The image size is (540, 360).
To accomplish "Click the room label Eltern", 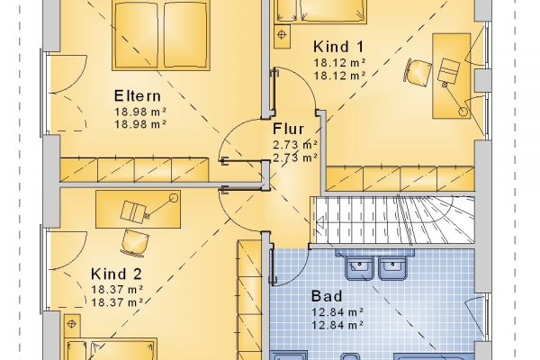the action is pos(138,96).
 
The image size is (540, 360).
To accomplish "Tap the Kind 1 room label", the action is pos(338,47).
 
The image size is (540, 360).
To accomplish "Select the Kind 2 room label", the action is pos(116,274).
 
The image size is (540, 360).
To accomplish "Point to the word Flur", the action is pos(289,130).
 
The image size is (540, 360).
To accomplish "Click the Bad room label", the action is pos(327,296).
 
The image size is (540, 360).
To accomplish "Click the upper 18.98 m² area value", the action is pos(140,112).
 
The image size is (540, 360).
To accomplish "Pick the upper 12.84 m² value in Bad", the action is pos(337,312).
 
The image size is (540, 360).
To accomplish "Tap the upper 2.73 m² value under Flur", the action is pos(295,145).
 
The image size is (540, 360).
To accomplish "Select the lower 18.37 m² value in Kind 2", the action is pos(117,302).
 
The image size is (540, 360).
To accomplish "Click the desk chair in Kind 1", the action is pos(418,72).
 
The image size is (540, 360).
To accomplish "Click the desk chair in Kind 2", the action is pos(135,243).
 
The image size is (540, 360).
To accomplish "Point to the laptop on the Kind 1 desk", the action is pos(449,70).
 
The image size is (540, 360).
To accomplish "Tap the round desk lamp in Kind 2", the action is pos(174,198).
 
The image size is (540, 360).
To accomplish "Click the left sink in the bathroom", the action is pos(359,267).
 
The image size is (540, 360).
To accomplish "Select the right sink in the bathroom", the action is pos(392,267).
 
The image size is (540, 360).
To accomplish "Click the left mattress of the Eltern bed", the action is pos(137,35).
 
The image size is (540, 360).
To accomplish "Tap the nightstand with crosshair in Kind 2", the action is pos(72,326).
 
